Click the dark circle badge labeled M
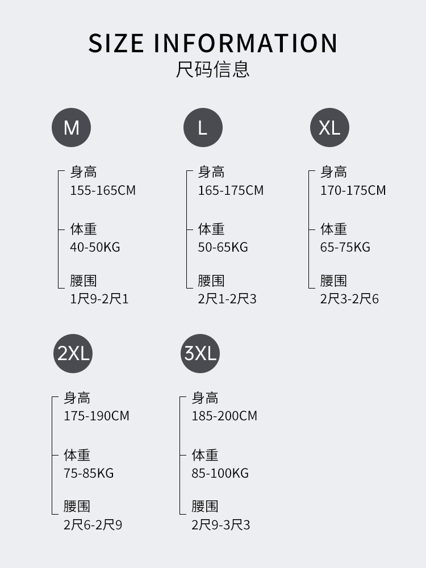72,127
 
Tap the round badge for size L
203,127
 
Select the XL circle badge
329,127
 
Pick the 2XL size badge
73,353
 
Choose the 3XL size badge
200,353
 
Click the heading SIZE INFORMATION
213,44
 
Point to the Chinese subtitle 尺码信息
213,70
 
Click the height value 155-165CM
103,190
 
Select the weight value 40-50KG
95,247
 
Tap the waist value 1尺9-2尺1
99,299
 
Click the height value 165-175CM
231,190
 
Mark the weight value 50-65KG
223,247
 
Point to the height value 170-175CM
353,190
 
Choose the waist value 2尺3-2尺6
349,299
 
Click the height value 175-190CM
97,416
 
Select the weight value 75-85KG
89,473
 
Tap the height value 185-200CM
224,416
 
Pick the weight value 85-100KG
220,473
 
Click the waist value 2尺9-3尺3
220,525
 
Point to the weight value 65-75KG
345,247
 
